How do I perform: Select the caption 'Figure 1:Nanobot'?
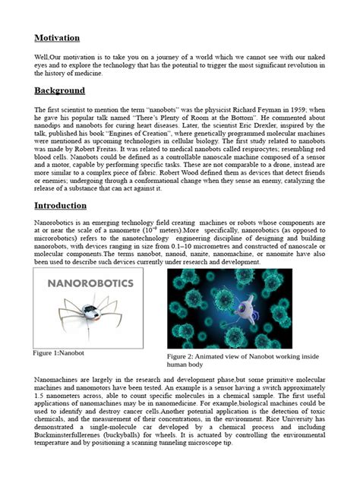pos(62,353)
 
